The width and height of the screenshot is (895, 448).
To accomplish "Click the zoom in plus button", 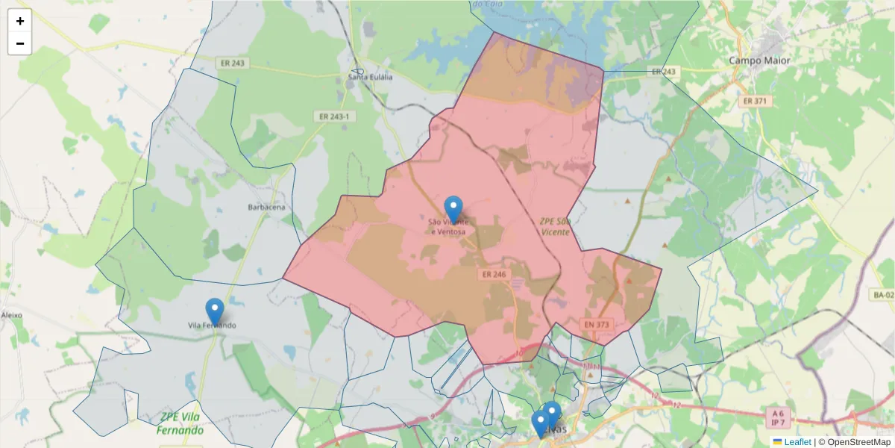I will (20, 21).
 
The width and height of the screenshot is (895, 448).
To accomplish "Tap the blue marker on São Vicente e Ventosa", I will (453, 208).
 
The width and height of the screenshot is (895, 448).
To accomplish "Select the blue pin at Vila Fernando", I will (215, 311).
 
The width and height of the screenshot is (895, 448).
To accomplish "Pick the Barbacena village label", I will (266, 207).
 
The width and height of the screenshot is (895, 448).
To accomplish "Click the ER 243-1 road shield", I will (333, 116).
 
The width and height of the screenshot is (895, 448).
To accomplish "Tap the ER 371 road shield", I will (755, 100).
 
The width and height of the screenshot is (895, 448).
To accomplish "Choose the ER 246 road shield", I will (494, 275).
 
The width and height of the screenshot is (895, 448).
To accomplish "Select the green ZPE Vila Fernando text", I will (180, 424).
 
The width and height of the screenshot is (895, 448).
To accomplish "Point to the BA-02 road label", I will (883, 296).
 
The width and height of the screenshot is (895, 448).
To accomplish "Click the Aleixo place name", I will (12, 315).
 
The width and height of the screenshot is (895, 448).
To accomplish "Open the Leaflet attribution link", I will (797, 442).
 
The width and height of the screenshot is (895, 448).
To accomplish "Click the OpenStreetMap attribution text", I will (860, 442).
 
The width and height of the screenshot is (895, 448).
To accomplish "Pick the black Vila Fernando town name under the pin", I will (213, 326).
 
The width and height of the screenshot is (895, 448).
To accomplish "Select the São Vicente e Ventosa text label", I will (448, 227).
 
